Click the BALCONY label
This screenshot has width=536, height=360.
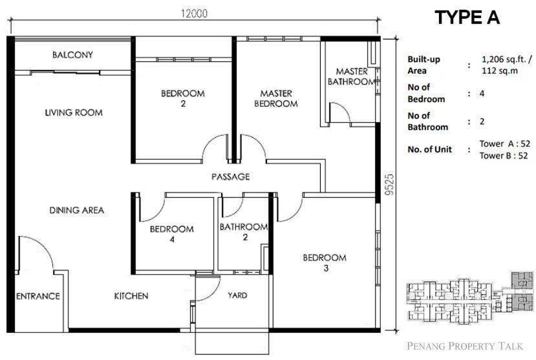tap(72, 55)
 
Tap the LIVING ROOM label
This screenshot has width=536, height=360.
tap(74, 112)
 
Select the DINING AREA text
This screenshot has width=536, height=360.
tap(77, 210)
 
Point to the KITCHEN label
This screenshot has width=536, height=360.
tap(131, 296)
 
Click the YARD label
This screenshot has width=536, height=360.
tap(237, 295)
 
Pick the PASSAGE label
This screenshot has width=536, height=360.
tap(231, 176)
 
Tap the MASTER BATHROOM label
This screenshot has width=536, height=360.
tap(352, 76)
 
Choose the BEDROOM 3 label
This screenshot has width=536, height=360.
tap(325, 262)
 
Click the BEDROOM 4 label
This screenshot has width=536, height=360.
tap(172, 234)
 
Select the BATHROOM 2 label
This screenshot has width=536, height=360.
tap(244, 231)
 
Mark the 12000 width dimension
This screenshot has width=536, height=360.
tap(194, 14)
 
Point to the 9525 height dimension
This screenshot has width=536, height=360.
tap(390, 185)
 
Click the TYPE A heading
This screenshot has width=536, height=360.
tap(467, 17)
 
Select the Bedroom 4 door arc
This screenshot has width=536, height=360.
tap(158, 215)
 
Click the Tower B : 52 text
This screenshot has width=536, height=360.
tap(504, 156)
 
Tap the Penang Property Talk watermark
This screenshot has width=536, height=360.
tap(465, 346)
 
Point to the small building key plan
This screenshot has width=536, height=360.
tap(470, 297)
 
